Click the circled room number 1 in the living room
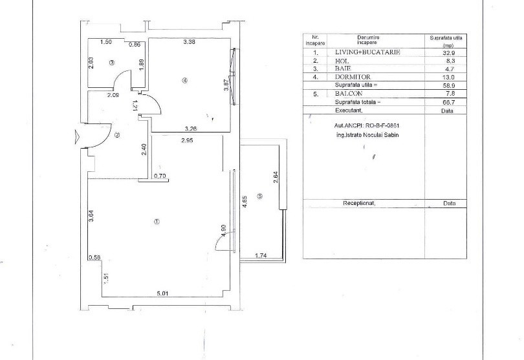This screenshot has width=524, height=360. (157, 222)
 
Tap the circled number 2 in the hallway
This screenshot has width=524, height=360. (117, 135)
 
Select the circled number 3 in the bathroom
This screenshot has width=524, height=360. (112, 63)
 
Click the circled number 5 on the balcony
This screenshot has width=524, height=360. (259, 196)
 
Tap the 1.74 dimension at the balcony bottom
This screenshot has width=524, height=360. (260, 255)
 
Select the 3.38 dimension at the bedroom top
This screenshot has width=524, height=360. (190, 43)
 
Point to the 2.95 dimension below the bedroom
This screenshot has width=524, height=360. (188, 140)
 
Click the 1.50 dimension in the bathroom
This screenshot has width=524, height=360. (106, 43)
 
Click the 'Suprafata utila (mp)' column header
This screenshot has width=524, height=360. (445, 42)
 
